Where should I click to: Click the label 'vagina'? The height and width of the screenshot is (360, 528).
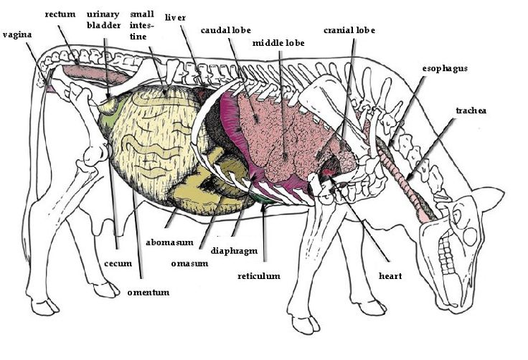coord(16,33)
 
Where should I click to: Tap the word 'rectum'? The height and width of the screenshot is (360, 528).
coord(60,14)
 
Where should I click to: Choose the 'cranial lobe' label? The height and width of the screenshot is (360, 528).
coord(349,30)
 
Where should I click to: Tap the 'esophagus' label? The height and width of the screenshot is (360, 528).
coord(445,69)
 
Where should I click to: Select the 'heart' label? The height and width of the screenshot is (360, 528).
coord(390,275)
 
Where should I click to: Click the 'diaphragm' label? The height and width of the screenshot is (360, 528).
coord(234,251)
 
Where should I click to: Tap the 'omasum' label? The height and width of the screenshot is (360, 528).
coord(191,263)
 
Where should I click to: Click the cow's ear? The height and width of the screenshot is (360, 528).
coord(491,197)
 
